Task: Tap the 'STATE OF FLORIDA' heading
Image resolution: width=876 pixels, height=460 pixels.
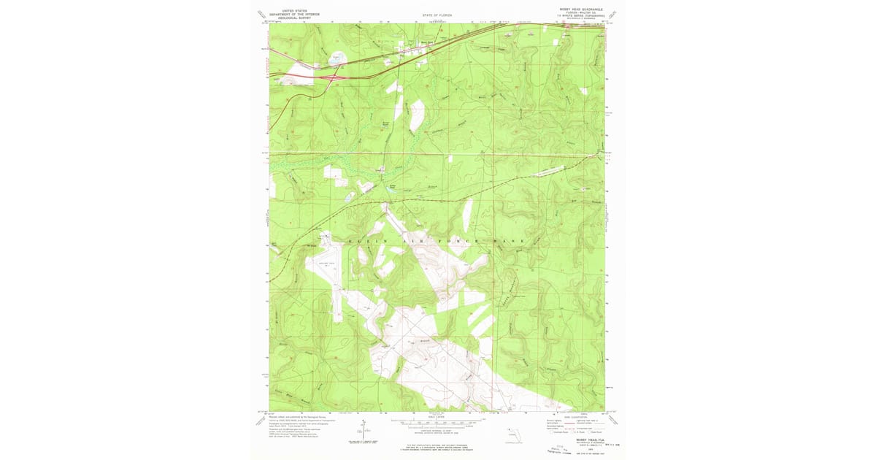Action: pos(437,15)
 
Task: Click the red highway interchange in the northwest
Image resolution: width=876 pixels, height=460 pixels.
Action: pos(333,75)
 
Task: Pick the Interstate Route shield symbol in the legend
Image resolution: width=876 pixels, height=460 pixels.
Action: pos(548,434)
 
